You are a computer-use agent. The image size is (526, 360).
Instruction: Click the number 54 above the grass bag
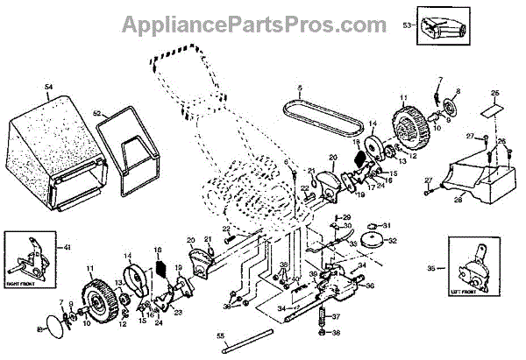click(x=49, y=87)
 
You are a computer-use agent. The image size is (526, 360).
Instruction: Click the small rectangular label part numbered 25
click(x=494, y=111)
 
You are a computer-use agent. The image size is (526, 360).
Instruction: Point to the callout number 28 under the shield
click(x=457, y=200)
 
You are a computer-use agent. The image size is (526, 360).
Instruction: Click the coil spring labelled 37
click(x=332, y=314)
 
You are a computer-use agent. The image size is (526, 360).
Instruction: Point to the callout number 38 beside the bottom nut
click(x=337, y=333)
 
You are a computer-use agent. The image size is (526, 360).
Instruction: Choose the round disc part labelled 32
click(x=379, y=241)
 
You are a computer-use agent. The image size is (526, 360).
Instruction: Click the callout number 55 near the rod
click(x=220, y=336)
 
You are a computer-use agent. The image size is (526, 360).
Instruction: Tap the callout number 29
click(x=347, y=217)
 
